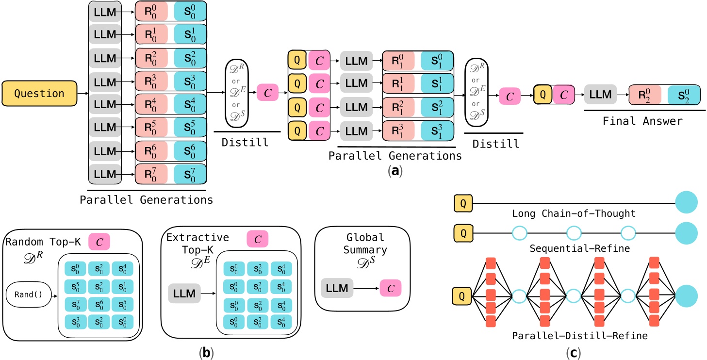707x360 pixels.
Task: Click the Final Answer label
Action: pos(642,121)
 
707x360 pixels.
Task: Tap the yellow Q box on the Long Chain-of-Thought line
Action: pos(463,202)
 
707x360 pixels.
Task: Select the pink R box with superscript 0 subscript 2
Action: pos(645,94)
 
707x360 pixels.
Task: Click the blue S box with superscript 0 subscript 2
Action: pos(683,94)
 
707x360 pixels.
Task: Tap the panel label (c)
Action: pos(574,350)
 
